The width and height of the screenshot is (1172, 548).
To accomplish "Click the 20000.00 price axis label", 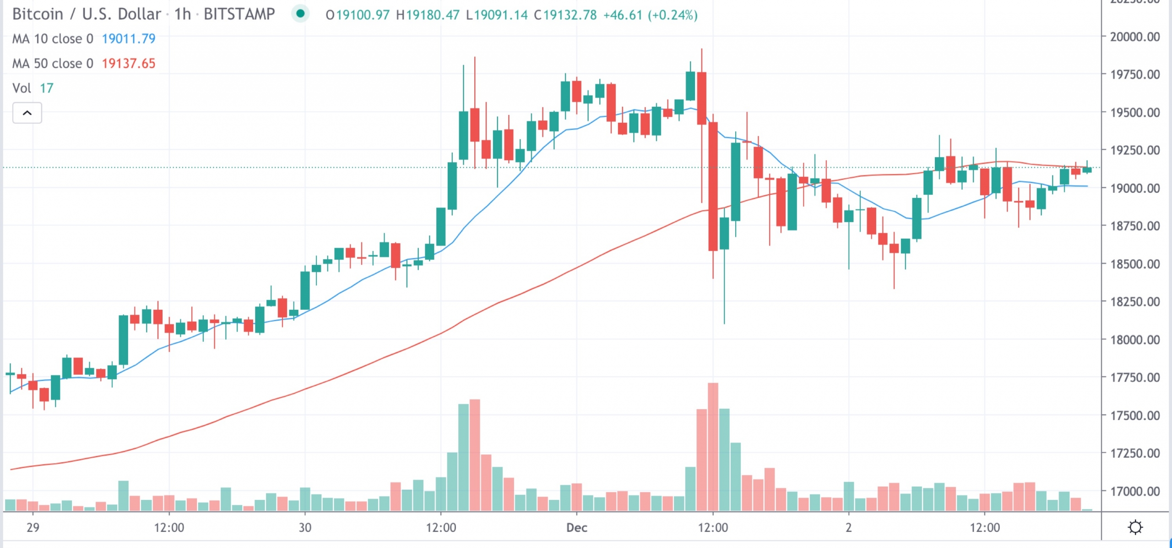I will coord(1134,37).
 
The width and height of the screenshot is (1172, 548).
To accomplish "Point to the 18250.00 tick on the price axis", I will coord(1134,301).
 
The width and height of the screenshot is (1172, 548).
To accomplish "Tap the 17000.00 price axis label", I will coord(1134,491).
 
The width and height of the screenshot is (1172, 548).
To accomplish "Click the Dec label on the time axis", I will coord(576,527).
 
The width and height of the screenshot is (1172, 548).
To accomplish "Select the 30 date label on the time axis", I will coord(305,527).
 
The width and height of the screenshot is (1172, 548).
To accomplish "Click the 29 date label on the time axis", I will coord(33,527).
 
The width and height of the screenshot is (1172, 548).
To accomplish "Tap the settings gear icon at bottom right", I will coord(1135,527).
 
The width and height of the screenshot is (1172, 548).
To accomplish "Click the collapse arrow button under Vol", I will coord(27,113).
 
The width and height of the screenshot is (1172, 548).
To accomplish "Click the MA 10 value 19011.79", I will coord(128,38).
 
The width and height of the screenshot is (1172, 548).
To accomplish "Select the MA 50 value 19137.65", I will coord(128,63).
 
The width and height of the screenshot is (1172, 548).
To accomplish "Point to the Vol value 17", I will coord(47,88).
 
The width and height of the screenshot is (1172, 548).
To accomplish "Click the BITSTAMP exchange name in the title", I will coord(239,14).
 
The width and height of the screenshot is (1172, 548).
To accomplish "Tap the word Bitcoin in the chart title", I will coord(38,14).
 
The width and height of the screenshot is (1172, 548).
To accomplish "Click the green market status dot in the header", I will coord(300,14).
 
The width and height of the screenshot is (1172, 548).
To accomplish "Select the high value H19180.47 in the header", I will coord(427,15).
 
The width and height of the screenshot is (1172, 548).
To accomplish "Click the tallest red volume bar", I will coord(713,447).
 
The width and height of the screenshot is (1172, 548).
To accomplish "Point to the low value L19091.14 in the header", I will coord(497,15).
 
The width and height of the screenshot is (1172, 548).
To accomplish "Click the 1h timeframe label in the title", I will coord(182,14).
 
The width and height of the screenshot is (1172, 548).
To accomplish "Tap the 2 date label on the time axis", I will coord(848,527).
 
